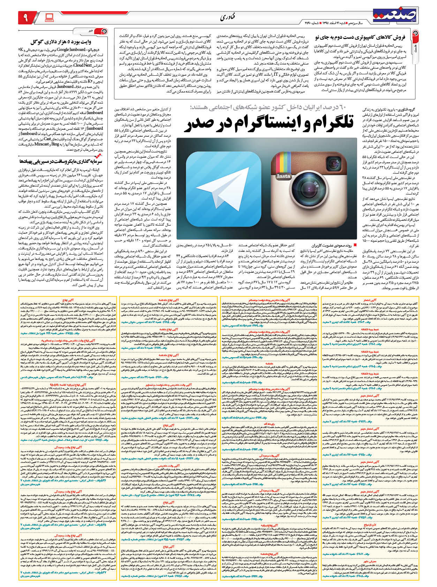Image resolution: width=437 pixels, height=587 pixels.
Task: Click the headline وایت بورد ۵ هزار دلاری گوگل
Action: pos(66,42)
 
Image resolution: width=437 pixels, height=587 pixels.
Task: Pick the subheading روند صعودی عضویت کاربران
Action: pos(331,245)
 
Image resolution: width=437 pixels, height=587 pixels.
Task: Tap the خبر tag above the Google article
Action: pos(91,31)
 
